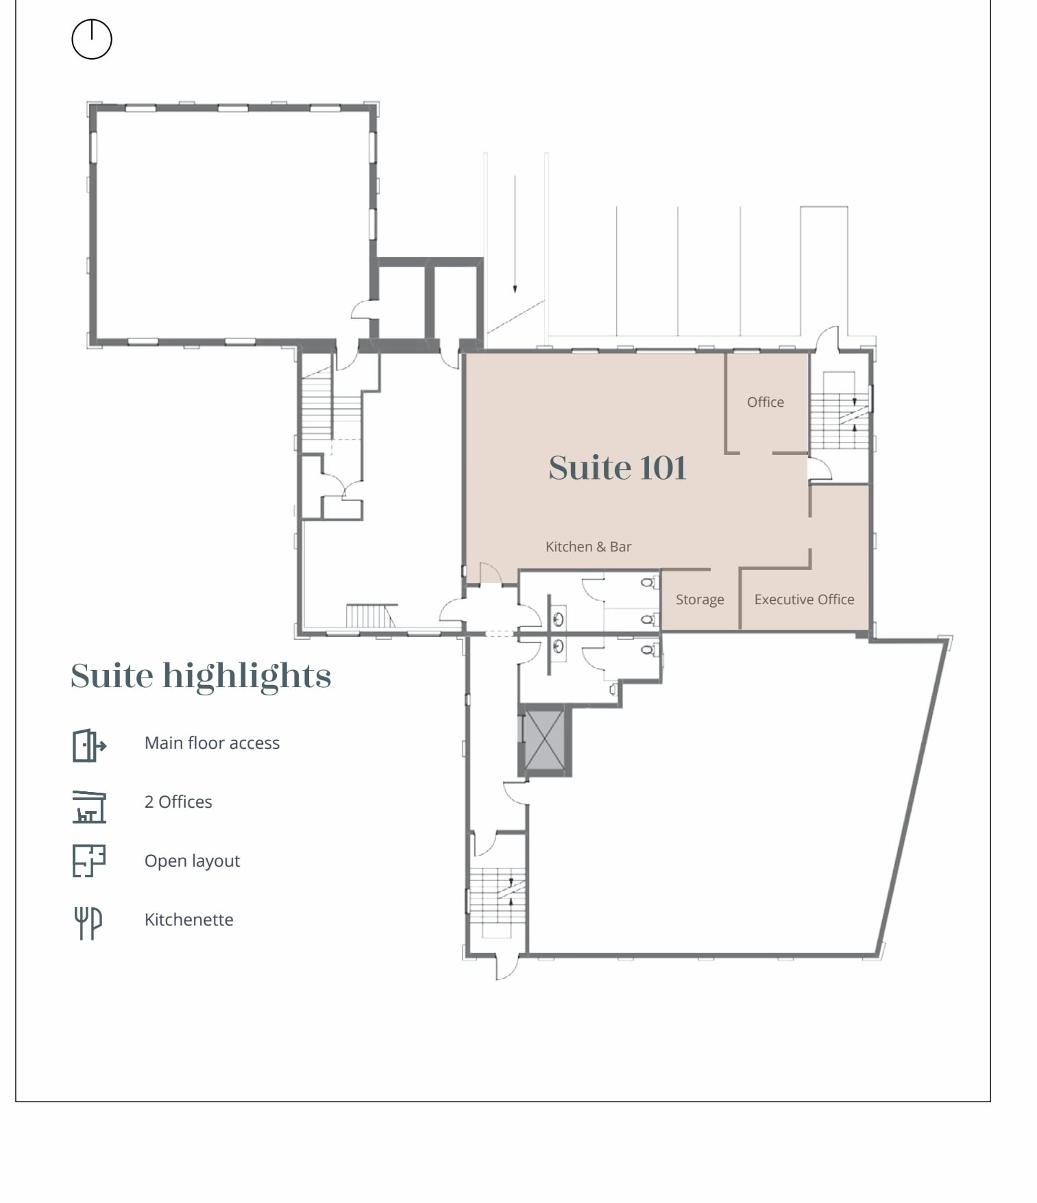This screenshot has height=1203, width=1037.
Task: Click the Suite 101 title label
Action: click(617, 468)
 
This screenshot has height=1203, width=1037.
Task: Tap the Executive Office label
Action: click(804, 599)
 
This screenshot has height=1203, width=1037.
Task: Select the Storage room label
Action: click(699, 599)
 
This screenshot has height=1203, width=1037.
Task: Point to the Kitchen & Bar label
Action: click(588, 547)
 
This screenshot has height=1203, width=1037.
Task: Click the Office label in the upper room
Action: click(765, 402)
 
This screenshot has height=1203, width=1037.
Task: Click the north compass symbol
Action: click(91, 39)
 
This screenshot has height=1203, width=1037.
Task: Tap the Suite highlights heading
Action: click(201, 676)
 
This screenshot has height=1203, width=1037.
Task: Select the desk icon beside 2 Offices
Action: click(89, 806)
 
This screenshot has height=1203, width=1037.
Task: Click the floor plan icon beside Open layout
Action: click(89, 860)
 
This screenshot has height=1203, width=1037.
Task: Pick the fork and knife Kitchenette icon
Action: click(88, 922)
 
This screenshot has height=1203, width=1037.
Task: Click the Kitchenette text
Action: click(188, 919)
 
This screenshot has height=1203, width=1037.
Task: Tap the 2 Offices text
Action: click(178, 802)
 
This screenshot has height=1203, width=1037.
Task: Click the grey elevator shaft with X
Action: click(544, 741)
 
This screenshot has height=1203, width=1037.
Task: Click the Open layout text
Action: click(192, 860)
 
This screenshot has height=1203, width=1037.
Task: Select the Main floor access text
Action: click(212, 743)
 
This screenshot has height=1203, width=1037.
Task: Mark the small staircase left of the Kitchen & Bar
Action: click(370, 615)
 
